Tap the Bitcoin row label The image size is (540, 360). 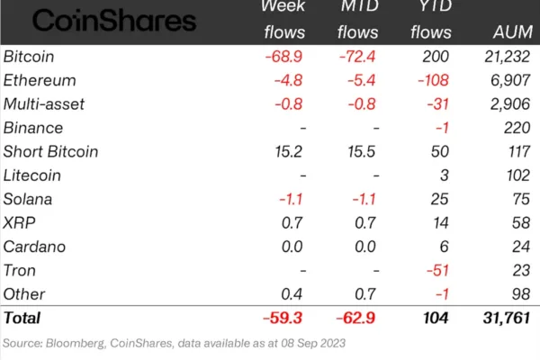coord(27,57)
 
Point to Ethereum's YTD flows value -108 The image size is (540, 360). coord(432,80)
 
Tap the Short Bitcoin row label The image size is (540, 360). coord(51,151)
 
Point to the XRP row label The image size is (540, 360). coord(18,222)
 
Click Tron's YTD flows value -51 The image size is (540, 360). coord(436,269)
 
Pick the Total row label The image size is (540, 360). coord(23,318)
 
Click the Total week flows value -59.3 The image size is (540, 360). coord(285,318)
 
